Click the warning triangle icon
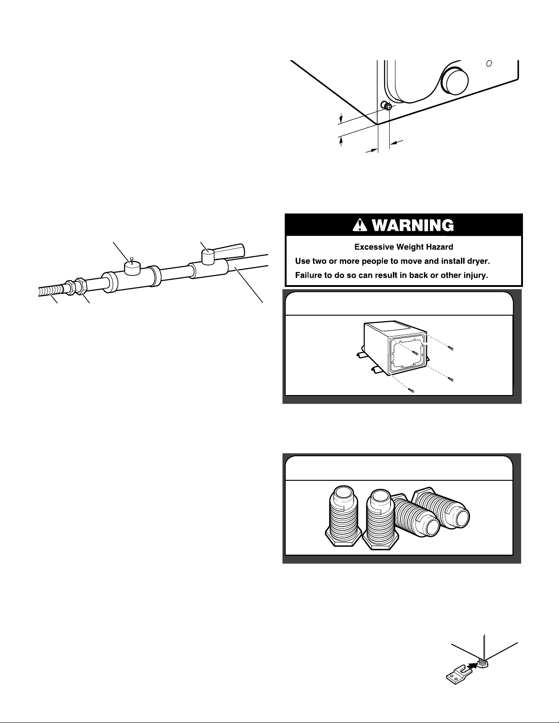(x=360, y=226)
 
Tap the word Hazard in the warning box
(x=436, y=247)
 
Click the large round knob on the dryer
(x=455, y=81)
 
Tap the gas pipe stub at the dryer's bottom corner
(x=386, y=105)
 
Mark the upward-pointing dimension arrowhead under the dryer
(x=341, y=141)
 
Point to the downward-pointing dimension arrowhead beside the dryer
(x=341, y=118)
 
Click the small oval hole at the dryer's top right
(x=489, y=63)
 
